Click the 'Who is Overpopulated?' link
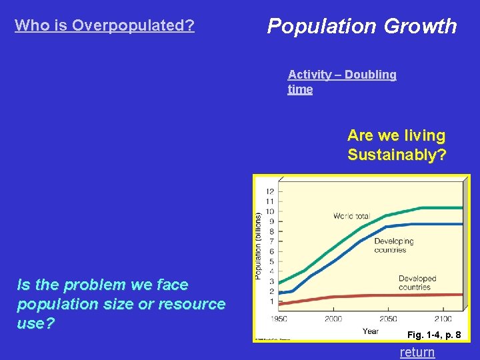pos(105,25)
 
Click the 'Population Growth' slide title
pos(362,26)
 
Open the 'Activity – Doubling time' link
pos(342,82)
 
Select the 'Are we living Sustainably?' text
pos(396,145)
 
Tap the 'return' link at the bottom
pos(417,352)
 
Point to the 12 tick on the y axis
pos(270,192)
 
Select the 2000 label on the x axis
pos(334,319)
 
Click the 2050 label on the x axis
pos(388,319)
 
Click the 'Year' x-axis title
pos(370,331)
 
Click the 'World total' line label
pos(351,216)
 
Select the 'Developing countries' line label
pos(393,245)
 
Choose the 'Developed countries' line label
pos(417,283)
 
